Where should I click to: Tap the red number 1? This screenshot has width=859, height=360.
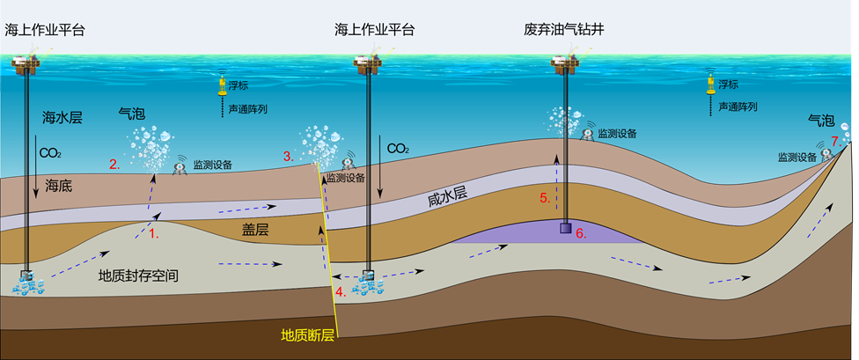(x=153, y=234)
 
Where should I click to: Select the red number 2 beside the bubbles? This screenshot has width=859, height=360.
(x=114, y=164)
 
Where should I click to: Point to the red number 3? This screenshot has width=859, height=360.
(x=288, y=156)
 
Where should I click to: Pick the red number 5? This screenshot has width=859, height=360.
(x=544, y=198)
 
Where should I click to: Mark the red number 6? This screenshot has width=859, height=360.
(x=580, y=233)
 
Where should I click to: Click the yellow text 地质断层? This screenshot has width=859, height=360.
(x=307, y=335)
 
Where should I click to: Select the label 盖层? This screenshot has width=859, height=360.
(x=254, y=227)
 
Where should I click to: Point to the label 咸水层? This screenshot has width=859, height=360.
(x=445, y=200)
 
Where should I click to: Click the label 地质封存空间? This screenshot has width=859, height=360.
(x=139, y=276)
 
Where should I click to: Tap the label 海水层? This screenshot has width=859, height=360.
(x=62, y=117)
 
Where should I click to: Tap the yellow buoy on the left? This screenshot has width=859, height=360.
(x=222, y=85)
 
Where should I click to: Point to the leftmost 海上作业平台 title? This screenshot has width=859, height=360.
(x=45, y=30)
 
